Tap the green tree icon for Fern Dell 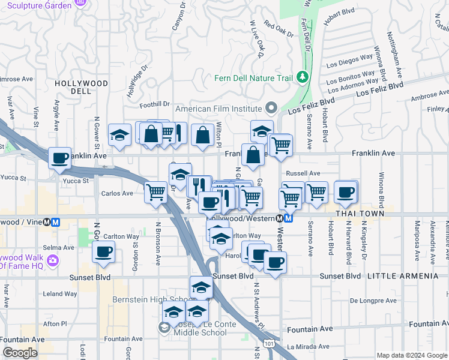303,77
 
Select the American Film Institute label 218,109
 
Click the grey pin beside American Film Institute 271,109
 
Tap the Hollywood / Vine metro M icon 56,221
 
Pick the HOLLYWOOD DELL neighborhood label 81,87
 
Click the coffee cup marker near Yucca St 59,158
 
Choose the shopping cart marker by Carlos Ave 156,193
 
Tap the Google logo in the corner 20,353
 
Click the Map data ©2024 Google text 412,355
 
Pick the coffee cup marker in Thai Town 346,192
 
